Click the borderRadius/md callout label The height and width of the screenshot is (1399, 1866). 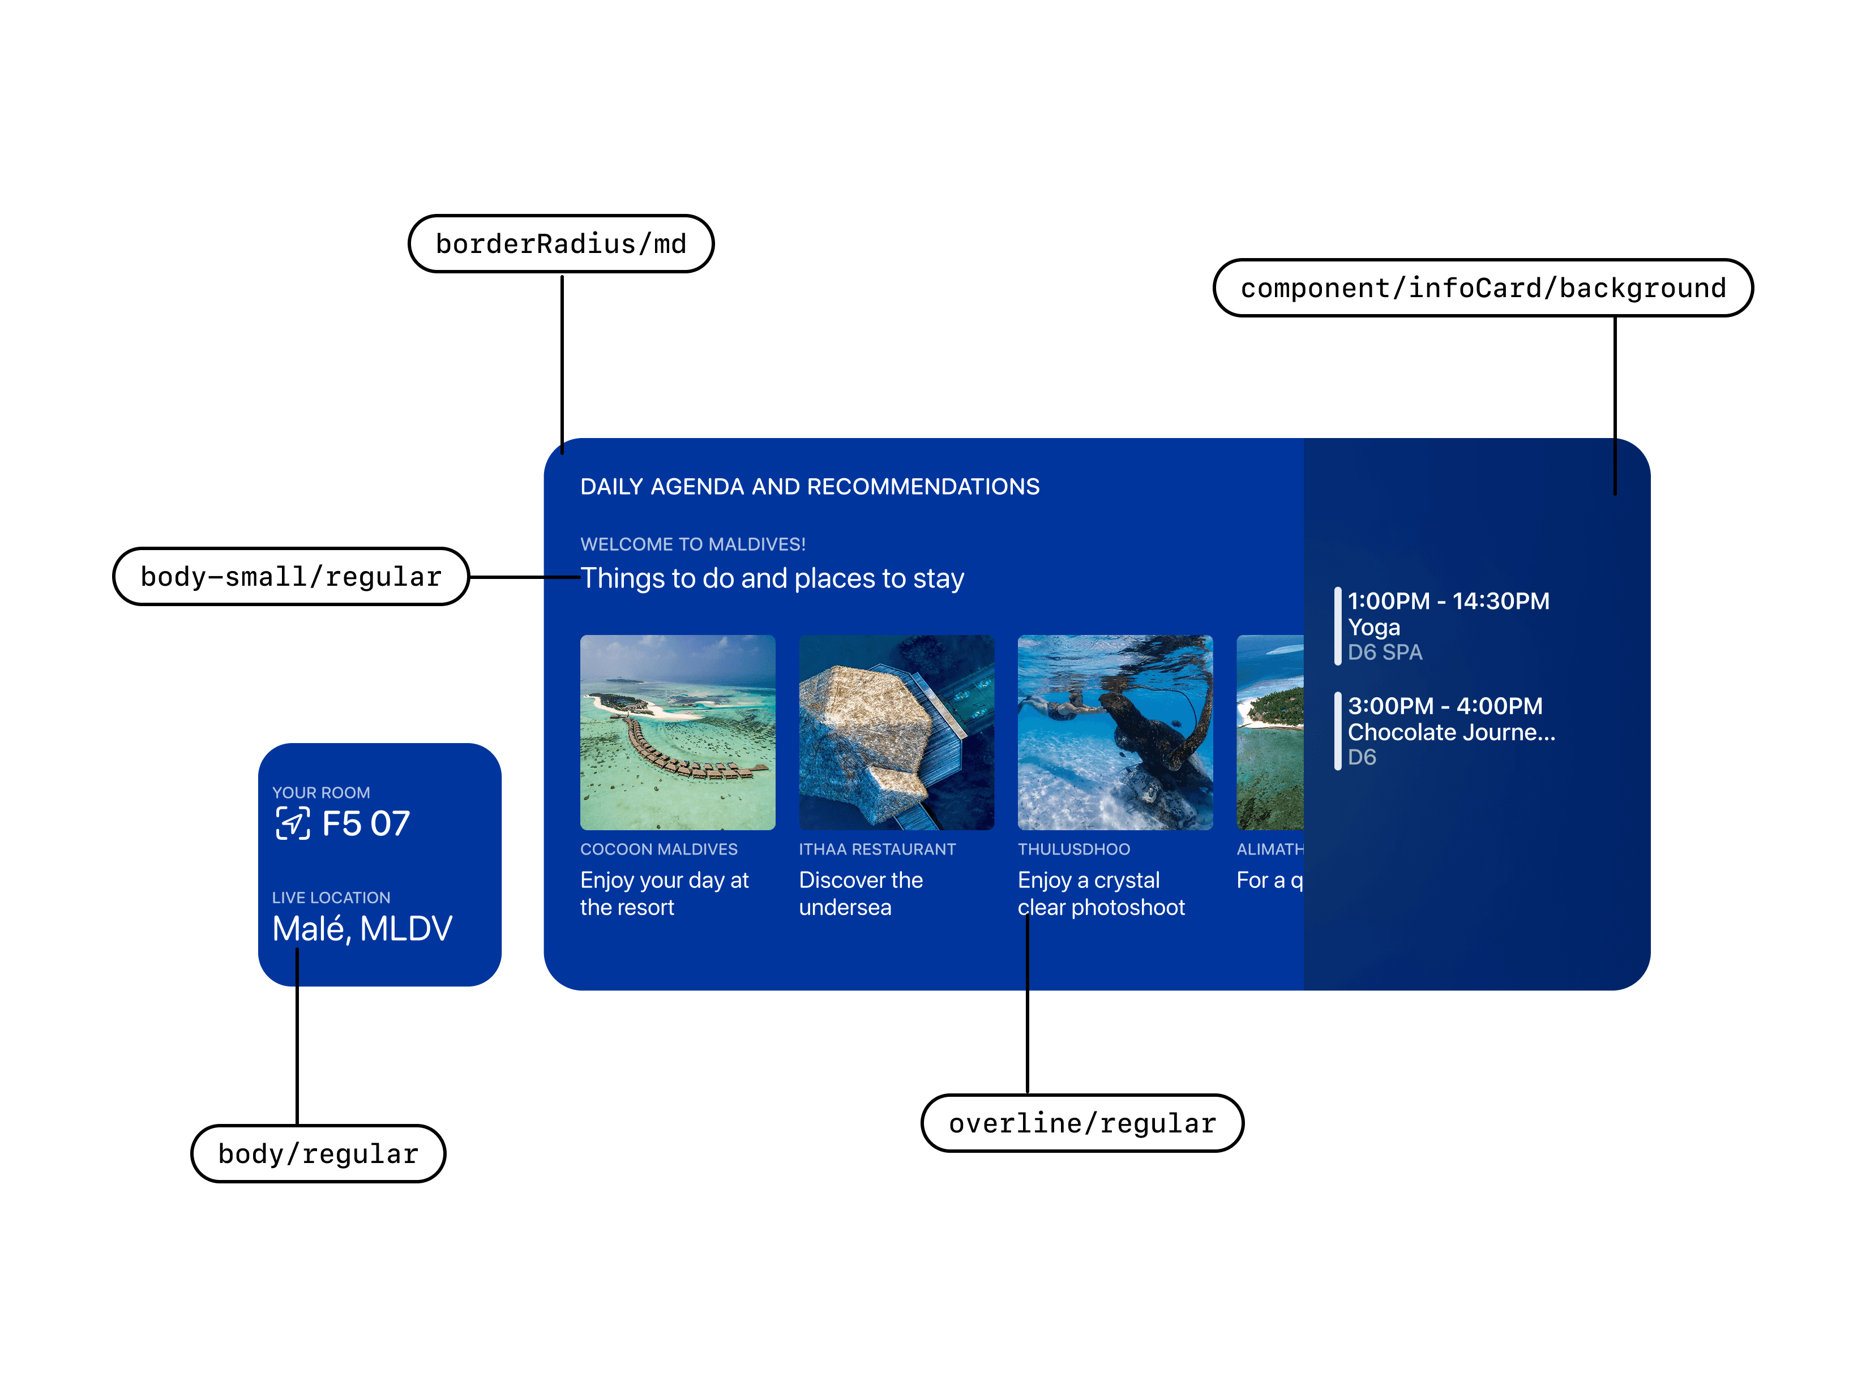pyautogui.click(x=561, y=244)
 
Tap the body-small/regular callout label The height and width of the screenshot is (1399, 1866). pyautogui.click(x=291, y=577)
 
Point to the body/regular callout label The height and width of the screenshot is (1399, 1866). pyautogui.click(x=318, y=1153)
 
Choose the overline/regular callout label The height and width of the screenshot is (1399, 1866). pyautogui.click(x=1082, y=1123)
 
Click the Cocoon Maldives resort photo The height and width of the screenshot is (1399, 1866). pyautogui.click(x=678, y=732)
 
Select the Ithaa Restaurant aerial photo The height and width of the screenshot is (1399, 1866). pyautogui.click(x=896, y=732)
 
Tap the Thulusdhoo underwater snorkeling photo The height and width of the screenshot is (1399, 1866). pyautogui.click(x=1114, y=732)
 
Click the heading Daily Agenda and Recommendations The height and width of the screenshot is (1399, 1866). pyautogui.click(x=809, y=487)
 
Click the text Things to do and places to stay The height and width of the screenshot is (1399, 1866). pyautogui.click(x=772, y=578)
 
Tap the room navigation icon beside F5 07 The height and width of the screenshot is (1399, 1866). pyautogui.click(x=293, y=823)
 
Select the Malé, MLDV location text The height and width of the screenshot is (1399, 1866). pyautogui.click(x=362, y=929)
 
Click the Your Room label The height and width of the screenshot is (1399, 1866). pyautogui.click(x=320, y=793)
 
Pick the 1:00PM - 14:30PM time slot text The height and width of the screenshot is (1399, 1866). pyautogui.click(x=1448, y=601)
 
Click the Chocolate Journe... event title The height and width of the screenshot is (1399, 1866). pyautogui.click(x=1451, y=732)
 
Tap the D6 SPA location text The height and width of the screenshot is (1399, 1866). pyautogui.click(x=1384, y=653)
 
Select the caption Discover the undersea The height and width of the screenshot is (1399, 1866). pyautogui.click(x=861, y=893)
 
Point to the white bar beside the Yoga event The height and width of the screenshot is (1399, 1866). pyautogui.click(x=1337, y=626)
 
